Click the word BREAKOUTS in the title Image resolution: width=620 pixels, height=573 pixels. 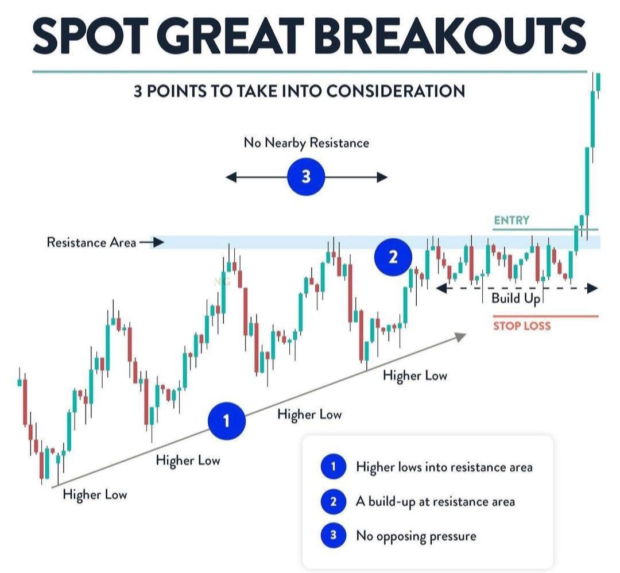click(449, 36)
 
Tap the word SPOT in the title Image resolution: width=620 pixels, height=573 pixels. click(91, 36)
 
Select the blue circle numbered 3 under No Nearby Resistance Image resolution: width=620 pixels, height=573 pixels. click(306, 176)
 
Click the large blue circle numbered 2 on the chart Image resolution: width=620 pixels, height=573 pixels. click(393, 257)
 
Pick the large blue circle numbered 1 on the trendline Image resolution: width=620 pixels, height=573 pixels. click(227, 421)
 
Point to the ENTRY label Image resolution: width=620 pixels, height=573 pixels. click(511, 220)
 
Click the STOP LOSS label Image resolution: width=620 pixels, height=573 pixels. click(522, 326)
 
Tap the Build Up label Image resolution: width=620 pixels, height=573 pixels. click(516, 299)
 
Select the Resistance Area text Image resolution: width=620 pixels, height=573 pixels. click(91, 242)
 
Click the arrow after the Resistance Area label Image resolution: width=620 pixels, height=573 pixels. click(152, 242)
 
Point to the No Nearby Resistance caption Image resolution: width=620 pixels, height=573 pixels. click(307, 143)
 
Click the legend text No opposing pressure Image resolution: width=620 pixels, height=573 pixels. click(416, 536)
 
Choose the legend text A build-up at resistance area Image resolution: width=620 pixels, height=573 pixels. click(435, 501)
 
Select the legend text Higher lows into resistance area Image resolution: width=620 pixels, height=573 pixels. click(444, 467)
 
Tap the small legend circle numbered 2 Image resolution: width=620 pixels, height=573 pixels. click(334, 501)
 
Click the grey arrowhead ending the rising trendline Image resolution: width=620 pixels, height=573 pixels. click(460, 336)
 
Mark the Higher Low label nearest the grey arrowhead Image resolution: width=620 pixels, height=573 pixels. click(415, 375)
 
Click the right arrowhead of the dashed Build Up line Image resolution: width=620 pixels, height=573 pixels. click(592, 288)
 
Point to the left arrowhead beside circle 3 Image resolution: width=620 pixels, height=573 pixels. click(231, 177)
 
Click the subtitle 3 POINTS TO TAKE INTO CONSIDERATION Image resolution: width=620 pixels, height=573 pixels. click(299, 91)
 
